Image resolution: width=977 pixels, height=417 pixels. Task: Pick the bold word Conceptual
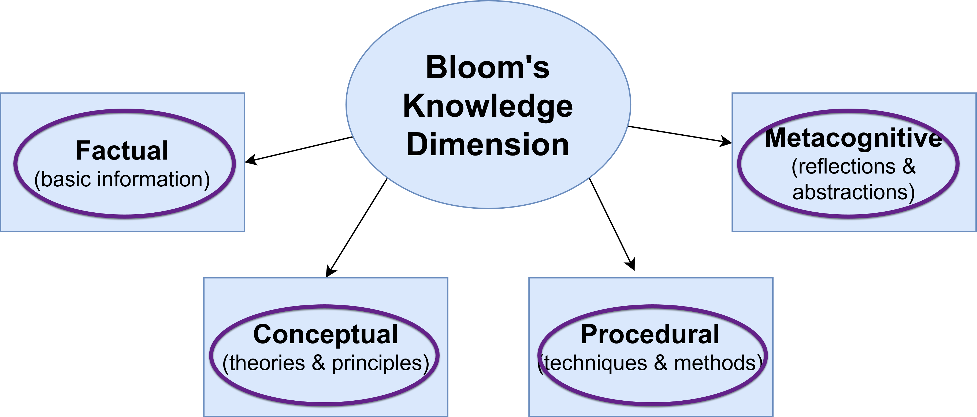(325, 335)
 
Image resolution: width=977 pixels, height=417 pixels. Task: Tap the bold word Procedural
(650, 335)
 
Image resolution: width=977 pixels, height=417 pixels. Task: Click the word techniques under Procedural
(596, 363)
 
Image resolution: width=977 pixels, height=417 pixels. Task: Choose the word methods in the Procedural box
(715, 363)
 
